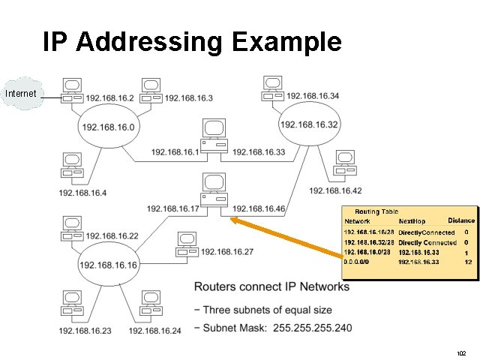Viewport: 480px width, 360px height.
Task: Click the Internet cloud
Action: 21,94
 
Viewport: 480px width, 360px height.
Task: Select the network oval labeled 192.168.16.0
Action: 109,127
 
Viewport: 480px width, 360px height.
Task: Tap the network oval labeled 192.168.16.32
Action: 309,124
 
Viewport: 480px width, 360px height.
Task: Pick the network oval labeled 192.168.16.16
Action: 108,265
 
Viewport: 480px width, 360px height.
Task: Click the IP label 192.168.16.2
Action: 109,98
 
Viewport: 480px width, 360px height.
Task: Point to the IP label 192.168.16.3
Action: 188,98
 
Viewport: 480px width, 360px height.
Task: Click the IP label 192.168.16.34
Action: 313,95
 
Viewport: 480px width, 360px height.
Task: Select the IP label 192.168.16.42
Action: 335,190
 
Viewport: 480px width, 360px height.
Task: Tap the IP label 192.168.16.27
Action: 227,252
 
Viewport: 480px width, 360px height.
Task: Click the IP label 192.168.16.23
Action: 85,331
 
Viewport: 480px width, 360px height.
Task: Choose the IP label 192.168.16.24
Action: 155,331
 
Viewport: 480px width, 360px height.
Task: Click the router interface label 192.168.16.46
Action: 259,208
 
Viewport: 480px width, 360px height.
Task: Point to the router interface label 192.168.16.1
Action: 175,151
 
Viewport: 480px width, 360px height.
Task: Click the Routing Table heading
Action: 376,212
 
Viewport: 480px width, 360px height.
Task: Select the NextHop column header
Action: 412,221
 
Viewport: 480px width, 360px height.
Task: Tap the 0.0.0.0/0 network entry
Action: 357,262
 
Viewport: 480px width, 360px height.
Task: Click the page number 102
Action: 460,352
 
